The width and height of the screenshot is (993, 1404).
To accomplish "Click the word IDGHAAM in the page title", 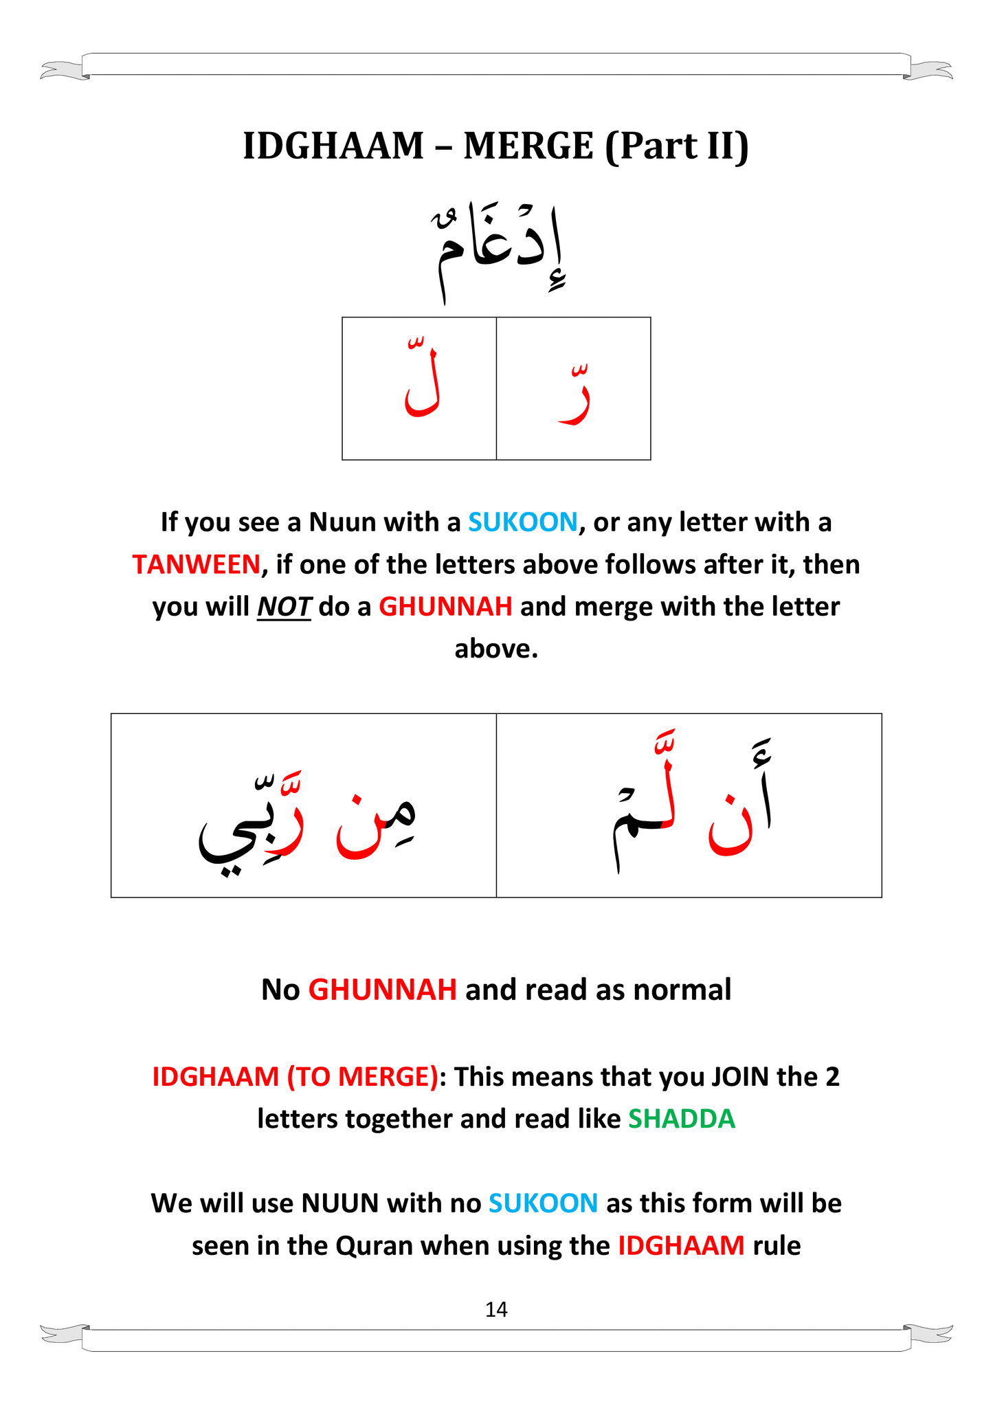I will [x=333, y=146].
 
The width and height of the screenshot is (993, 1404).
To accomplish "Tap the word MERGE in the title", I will [x=528, y=146].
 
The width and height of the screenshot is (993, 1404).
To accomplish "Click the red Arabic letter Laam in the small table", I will [x=421, y=388].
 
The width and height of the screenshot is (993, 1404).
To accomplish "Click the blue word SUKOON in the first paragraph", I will [x=522, y=522].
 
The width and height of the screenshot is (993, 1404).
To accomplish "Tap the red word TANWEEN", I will [x=196, y=565].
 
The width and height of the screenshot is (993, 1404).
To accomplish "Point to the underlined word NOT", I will [x=284, y=608].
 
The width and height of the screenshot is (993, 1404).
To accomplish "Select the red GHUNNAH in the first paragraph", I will [x=445, y=607].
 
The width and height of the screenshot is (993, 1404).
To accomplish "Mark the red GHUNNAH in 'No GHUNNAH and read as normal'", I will [x=382, y=990].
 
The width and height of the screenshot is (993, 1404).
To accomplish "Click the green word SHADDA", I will [x=682, y=1119].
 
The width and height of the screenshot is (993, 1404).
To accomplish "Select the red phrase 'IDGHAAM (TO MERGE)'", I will [x=295, y=1077].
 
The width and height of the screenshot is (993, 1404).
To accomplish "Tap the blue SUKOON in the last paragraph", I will [x=543, y=1203].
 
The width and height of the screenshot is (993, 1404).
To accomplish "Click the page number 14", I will [x=496, y=1310].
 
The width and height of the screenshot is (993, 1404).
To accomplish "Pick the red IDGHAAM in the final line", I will [x=681, y=1246].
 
